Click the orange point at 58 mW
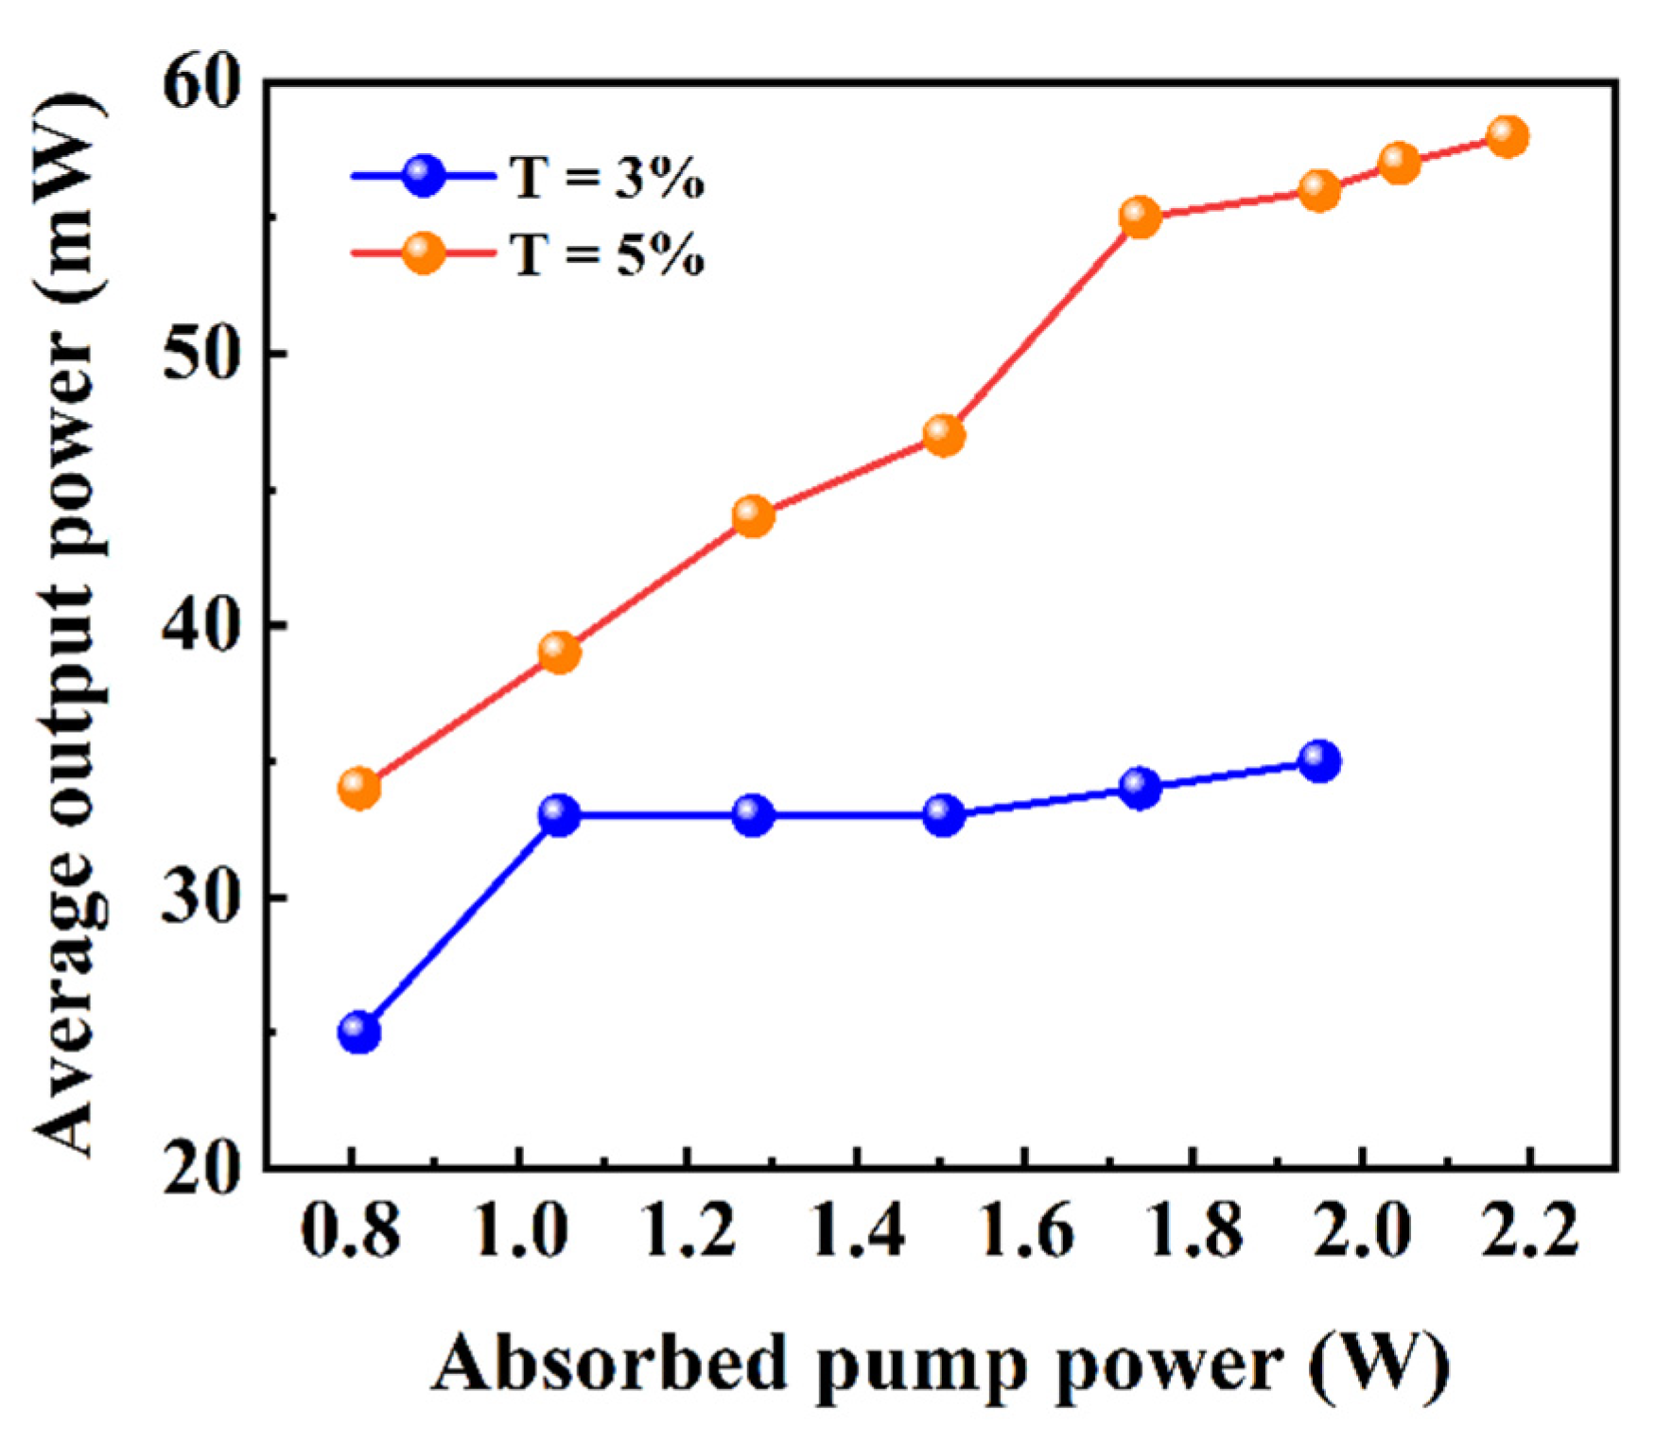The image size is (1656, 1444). pos(1508,136)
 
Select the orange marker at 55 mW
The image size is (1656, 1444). pos(1140,217)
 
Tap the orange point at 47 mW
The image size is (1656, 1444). pos(944,435)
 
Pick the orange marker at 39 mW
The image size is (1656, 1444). pos(559,652)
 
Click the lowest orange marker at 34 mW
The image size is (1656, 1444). pos(359,788)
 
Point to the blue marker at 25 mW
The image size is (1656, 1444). pos(359,1032)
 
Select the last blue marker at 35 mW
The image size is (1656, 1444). pos(1319,760)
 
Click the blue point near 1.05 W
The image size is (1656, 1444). pos(559,814)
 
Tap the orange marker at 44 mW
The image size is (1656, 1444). pos(753,516)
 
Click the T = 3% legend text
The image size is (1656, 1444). pos(608,178)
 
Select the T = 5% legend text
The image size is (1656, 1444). pos(608,254)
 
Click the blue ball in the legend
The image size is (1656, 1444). pos(423,176)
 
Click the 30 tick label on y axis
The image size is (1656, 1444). pos(200,896)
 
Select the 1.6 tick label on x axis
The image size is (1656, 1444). pos(1026,1232)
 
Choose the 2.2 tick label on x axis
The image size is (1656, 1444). pos(1529,1232)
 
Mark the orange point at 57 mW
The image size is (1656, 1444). pos(1400,164)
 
